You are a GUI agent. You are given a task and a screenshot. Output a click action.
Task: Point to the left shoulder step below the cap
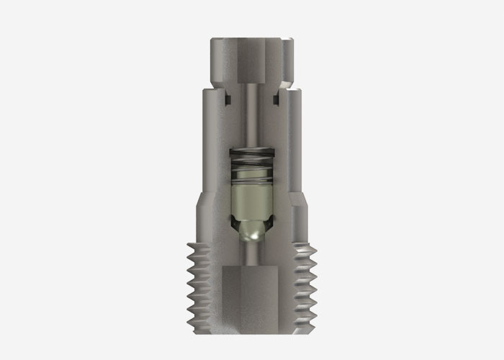[x=209, y=92]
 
